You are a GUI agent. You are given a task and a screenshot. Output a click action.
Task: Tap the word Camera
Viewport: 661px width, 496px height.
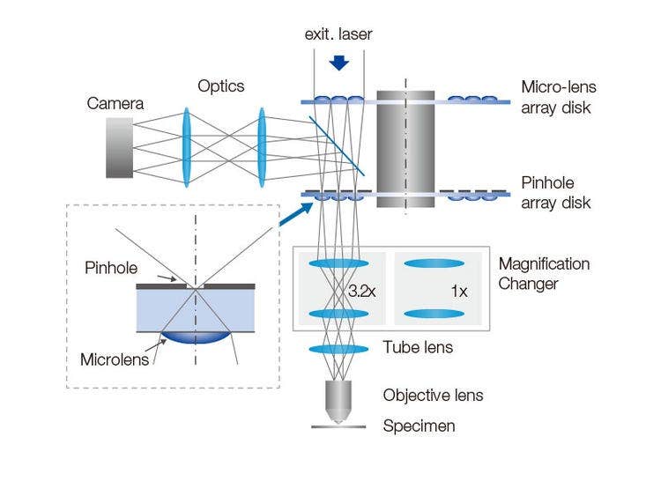click(115, 104)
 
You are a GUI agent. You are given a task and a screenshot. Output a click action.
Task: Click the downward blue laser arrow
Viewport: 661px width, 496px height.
click(338, 63)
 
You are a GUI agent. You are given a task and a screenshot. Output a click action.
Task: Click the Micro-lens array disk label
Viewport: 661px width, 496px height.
click(559, 96)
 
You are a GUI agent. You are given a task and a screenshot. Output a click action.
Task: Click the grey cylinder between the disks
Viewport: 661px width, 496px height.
click(405, 147)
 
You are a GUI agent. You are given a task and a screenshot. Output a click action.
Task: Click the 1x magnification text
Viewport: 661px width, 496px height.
click(458, 289)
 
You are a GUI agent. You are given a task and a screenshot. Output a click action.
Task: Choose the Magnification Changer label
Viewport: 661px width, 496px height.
click(544, 273)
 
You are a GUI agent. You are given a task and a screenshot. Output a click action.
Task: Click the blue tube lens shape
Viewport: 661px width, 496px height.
click(338, 350)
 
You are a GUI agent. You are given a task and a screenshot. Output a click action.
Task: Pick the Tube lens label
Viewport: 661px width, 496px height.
click(418, 348)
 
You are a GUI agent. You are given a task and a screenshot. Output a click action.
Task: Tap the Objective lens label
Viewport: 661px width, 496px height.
click(433, 395)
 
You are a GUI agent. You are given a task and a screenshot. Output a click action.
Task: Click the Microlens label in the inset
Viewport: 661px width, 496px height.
click(112, 359)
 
